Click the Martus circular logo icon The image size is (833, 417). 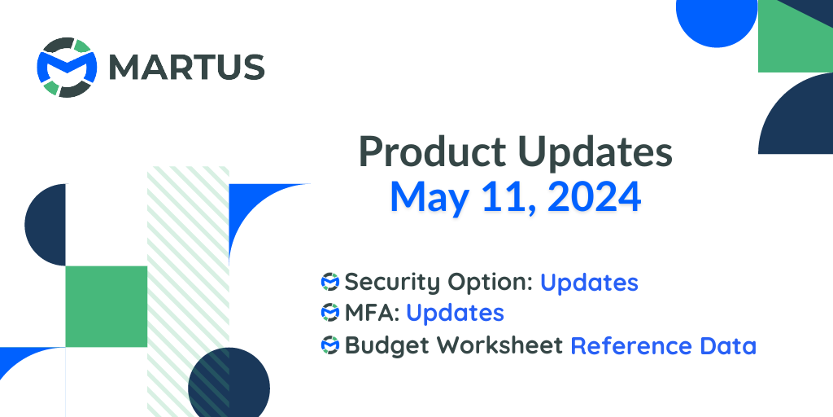point(67,67)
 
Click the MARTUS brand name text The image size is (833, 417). point(186,67)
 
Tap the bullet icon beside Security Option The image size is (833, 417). point(330,282)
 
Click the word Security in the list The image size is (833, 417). point(392,282)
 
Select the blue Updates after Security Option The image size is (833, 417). point(589,282)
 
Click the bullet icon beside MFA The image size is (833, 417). point(330,313)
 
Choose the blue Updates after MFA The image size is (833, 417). point(455,313)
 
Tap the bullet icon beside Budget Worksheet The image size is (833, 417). point(330,345)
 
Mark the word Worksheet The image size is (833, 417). point(494,345)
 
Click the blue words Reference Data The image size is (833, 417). point(663,345)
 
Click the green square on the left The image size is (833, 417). point(106,306)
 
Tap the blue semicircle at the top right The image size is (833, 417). point(715,20)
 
